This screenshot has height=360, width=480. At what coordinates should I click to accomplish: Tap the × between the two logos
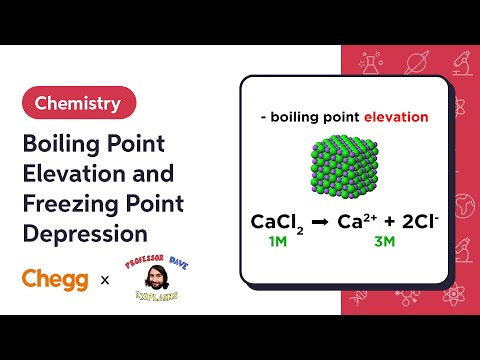(105, 281)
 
